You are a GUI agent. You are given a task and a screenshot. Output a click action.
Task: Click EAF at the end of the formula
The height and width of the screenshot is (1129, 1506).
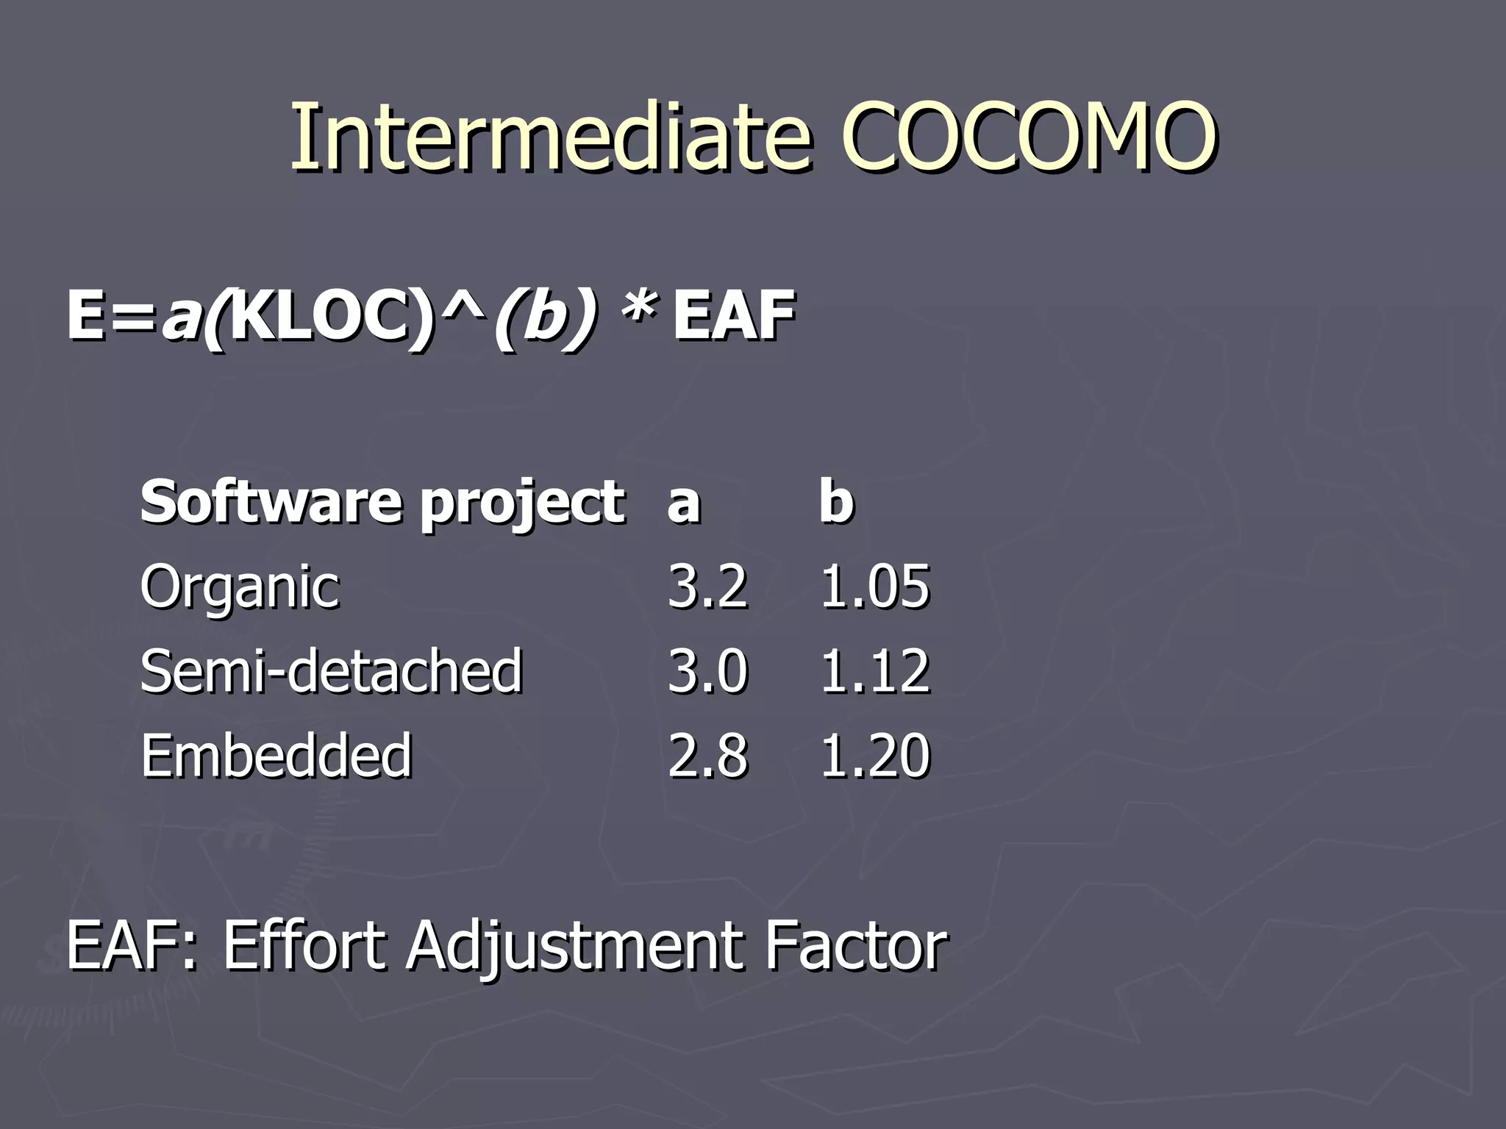tap(734, 316)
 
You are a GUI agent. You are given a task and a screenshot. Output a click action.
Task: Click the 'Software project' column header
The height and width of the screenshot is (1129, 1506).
tap(382, 503)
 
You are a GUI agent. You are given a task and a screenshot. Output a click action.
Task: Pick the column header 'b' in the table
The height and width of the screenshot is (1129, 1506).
tap(837, 501)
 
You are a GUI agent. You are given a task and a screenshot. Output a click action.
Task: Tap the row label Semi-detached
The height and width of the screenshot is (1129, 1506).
tap(331, 671)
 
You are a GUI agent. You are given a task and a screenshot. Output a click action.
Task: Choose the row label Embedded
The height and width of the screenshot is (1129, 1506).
tap(276, 756)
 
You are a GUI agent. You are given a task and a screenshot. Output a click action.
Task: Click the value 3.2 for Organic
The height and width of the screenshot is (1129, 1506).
tap(707, 587)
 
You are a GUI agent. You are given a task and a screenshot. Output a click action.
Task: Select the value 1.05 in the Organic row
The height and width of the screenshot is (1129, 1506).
tap(875, 587)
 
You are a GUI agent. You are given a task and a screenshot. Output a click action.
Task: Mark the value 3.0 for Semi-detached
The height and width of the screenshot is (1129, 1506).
tap(707, 671)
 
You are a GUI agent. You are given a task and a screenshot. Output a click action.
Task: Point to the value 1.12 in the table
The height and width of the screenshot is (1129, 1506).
tap(875, 671)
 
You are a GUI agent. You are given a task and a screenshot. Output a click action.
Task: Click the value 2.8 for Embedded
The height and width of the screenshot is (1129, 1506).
tap(707, 756)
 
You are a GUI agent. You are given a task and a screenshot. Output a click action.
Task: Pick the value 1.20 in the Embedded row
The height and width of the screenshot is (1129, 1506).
tap(875, 756)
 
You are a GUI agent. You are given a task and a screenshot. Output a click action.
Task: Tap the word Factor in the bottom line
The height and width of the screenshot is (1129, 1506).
tap(856, 946)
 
